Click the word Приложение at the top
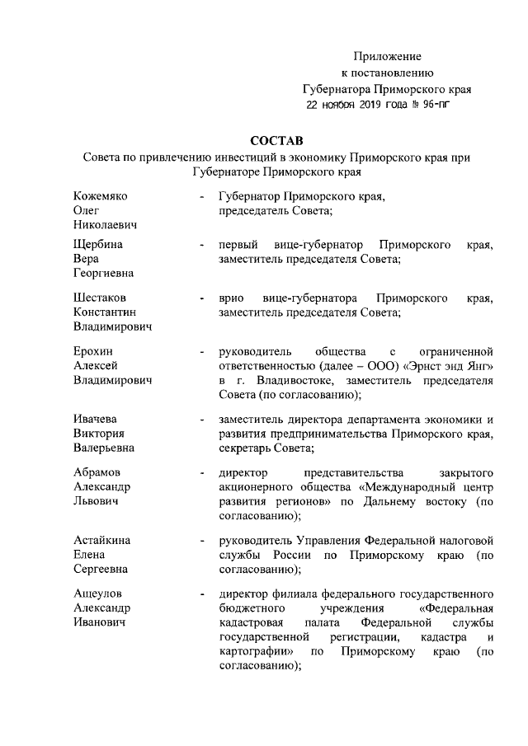point(388,57)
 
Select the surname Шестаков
point(101,297)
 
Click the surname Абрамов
point(97,472)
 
